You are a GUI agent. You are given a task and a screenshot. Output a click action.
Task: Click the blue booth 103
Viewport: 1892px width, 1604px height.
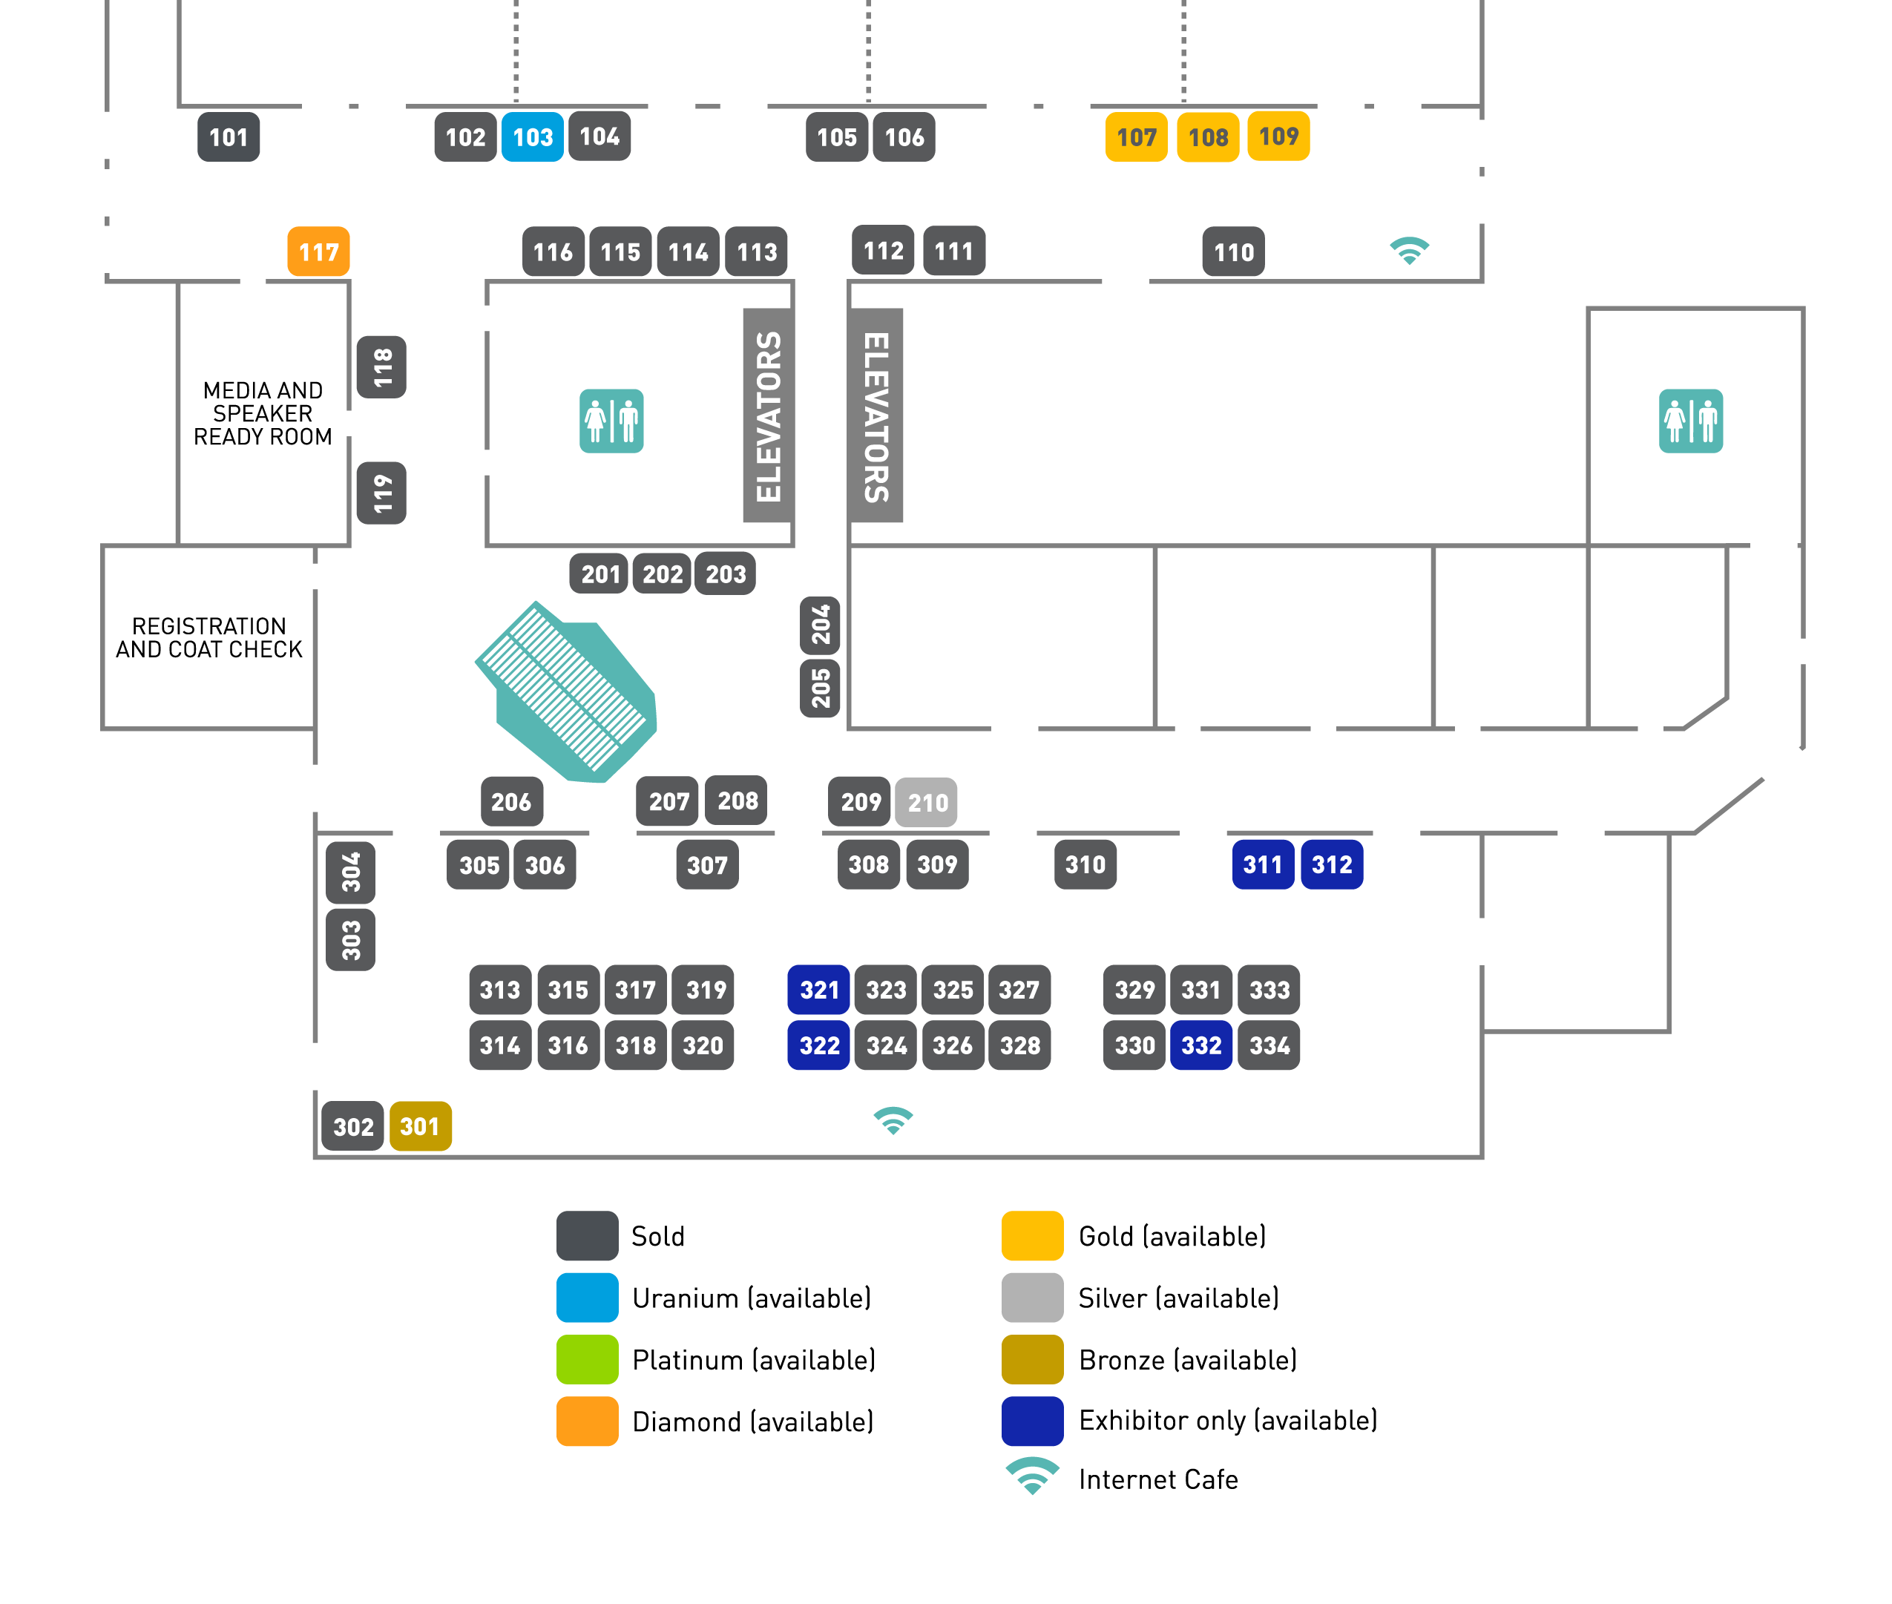(x=532, y=137)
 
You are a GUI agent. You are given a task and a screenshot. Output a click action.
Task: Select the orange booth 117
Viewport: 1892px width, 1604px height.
(x=318, y=252)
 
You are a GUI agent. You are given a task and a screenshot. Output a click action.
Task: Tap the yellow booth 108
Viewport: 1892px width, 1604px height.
(x=1207, y=137)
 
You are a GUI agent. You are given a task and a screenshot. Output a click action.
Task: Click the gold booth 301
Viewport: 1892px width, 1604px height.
(x=420, y=1127)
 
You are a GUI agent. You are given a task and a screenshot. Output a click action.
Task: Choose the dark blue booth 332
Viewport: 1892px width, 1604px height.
(x=1201, y=1045)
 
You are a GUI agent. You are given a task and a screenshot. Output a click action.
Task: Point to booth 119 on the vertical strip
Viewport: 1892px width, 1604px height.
(x=382, y=493)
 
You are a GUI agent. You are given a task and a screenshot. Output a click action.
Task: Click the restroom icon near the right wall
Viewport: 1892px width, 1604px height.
(x=1690, y=421)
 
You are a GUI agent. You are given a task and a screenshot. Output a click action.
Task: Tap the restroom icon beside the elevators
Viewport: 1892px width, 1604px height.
(x=611, y=421)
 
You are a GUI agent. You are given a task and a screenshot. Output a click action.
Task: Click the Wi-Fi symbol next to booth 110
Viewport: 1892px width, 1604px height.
(x=1409, y=250)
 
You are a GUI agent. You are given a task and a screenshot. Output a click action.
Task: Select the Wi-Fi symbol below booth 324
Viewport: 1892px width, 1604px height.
(x=893, y=1120)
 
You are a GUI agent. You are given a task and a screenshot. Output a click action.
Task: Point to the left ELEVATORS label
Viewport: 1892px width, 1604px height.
(x=768, y=415)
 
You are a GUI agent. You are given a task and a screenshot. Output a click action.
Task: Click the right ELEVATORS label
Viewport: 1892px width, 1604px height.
(x=876, y=415)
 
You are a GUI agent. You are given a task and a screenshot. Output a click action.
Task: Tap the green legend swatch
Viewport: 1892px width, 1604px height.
(x=588, y=1359)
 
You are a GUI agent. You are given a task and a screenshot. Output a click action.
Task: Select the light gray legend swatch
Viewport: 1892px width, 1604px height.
(x=1032, y=1298)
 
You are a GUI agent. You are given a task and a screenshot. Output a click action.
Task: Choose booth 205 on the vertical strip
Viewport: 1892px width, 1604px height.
(x=820, y=688)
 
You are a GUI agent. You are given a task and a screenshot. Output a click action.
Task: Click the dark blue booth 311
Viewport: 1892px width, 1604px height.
(x=1262, y=865)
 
